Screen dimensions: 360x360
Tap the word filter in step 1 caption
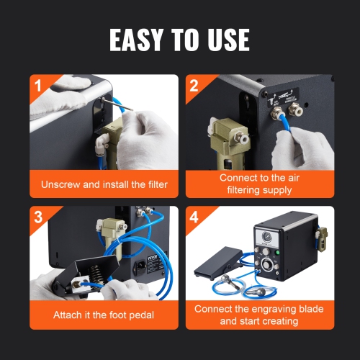point(154,184)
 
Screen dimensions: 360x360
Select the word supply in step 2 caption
point(276,190)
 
